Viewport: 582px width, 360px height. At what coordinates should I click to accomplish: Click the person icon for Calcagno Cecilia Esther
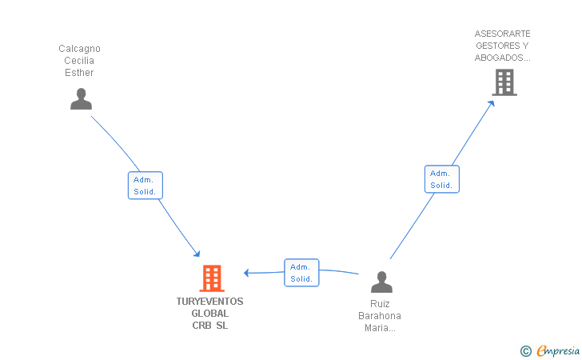81,99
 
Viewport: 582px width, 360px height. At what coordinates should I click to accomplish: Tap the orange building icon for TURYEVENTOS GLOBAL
212,278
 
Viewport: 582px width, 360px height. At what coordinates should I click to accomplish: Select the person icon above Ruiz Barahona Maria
381,282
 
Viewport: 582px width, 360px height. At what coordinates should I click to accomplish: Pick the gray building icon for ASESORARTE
504,82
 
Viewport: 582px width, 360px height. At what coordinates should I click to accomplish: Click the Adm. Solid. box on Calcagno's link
145,186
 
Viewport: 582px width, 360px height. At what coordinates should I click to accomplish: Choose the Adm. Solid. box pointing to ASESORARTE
441,179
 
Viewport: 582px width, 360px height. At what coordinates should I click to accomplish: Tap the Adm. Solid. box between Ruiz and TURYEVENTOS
301,273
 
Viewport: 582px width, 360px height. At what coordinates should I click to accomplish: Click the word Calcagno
79,49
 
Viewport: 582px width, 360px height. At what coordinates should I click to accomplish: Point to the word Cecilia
79,61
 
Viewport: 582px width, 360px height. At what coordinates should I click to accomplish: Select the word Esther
79,73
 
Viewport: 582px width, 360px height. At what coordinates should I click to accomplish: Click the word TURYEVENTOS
209,302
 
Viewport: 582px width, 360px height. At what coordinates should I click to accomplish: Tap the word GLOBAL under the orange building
209,313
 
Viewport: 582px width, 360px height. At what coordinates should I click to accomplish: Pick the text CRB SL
209,326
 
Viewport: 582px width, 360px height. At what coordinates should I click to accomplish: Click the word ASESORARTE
502,34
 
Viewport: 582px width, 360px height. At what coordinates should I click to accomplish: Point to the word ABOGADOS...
499,58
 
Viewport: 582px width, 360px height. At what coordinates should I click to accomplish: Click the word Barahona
379,316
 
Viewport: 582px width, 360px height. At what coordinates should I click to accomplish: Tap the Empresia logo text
558,350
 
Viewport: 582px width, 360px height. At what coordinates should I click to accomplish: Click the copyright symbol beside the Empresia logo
525,351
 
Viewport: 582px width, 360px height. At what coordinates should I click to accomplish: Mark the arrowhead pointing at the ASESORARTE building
491,104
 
